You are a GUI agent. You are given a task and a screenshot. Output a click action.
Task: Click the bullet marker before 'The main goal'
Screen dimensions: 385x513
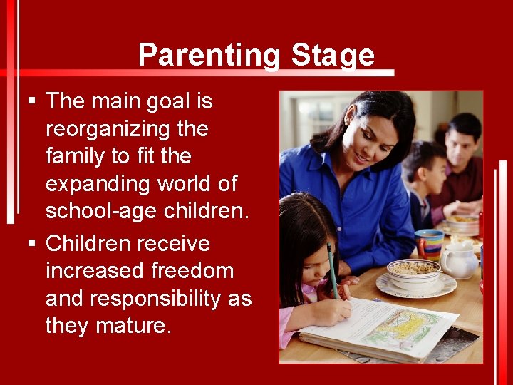tap(31, 102)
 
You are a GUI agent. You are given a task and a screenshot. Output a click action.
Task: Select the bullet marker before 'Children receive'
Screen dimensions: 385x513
tap(31, 244)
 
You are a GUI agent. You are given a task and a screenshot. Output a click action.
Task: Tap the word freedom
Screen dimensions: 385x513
tap(192, 271)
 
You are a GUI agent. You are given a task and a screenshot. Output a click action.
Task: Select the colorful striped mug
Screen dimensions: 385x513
tap(429, 243)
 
